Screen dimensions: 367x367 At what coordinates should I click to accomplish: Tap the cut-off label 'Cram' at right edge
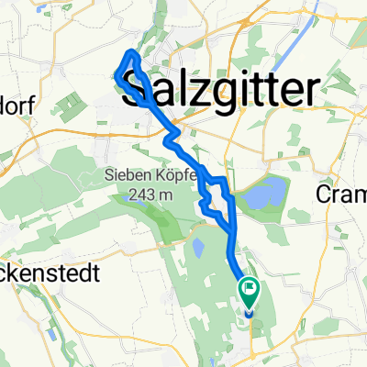340,194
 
